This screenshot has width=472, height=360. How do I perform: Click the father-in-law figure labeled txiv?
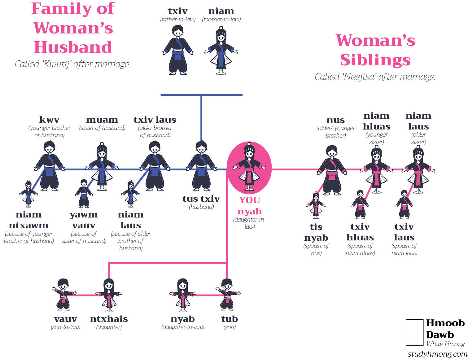[177, 50]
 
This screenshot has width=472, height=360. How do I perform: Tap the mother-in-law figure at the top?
[221, 50]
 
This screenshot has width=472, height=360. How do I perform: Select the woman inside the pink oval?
[249, 166]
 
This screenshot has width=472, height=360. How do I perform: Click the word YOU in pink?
[249, 200]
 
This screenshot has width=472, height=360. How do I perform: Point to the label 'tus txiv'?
[201, 199]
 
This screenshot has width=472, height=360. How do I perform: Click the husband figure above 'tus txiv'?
[201, 166]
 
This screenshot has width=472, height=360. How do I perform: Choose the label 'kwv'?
[49, 120]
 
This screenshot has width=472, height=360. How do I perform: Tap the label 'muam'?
[102, 120]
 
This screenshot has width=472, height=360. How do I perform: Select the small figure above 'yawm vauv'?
[84, 193]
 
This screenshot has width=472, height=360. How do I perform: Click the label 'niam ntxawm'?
[28, 220]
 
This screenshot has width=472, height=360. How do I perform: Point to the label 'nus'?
[335, 120]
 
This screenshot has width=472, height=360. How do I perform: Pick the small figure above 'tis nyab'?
[316, 205]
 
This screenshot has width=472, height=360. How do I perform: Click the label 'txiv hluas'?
[360, 232]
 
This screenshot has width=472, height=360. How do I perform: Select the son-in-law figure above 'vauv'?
[64, 294]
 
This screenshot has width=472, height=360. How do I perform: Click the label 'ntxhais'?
[109, 319]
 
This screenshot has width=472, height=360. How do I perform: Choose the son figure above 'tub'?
[228, 294]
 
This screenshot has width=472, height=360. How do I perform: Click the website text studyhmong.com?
[437, 354]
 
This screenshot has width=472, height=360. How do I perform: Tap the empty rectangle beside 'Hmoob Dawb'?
[414, 332]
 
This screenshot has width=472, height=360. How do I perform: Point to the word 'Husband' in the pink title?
[73, 47]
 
